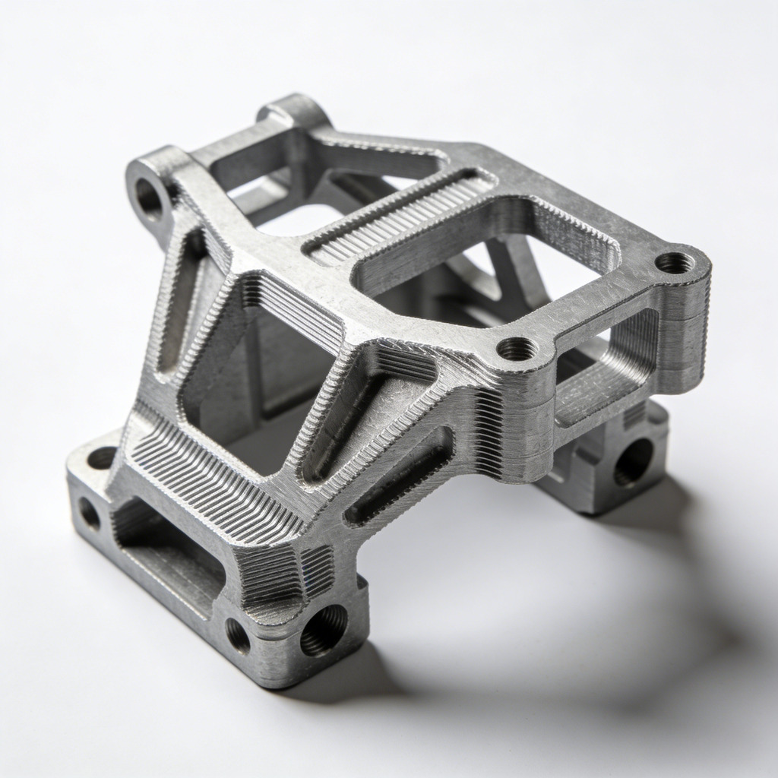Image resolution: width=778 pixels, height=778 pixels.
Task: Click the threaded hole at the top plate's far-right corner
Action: (x=674, y=263)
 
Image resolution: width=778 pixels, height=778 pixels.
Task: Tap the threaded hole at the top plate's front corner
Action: (x=517, y=349)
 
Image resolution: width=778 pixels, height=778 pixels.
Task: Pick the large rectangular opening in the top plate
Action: (x=486, y=251)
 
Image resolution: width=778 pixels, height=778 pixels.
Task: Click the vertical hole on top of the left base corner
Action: (x=102, y=457)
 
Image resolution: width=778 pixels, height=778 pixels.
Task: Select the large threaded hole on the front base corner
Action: (x=323, y=629)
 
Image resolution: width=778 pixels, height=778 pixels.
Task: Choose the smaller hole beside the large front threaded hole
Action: (x=238, y=635)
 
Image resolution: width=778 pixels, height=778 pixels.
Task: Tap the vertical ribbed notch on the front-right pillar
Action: (x=490, y=433)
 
